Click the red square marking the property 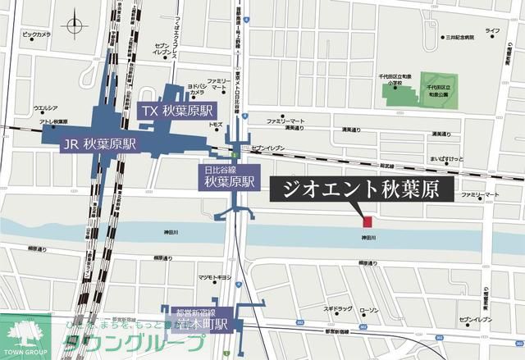click(x=367, y=221)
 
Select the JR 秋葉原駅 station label click(x=99, y=144)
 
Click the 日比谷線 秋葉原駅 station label click(x=229, y=176)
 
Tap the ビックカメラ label click(x=36, y=35)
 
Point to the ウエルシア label click(x=45, y=108)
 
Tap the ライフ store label click(x=492, y=31)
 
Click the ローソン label click(x=369, y=309)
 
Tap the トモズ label click(x=216, y=124)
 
